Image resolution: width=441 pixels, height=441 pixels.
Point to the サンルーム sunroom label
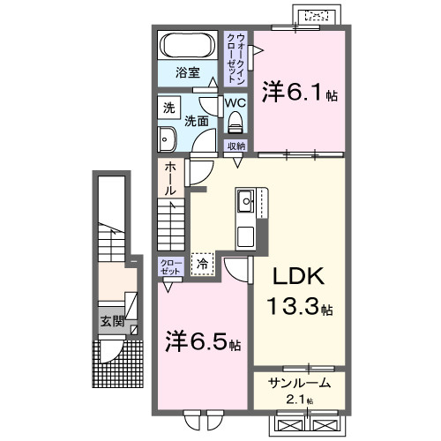[299, 382]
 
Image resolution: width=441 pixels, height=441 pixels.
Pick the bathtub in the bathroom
[187, 44]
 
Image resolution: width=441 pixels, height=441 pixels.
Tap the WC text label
[235, 103]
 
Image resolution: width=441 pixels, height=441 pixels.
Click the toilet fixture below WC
[235, 123]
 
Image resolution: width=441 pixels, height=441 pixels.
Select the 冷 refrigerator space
[202, 263]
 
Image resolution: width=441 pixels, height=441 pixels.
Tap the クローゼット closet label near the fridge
[170, 267]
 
